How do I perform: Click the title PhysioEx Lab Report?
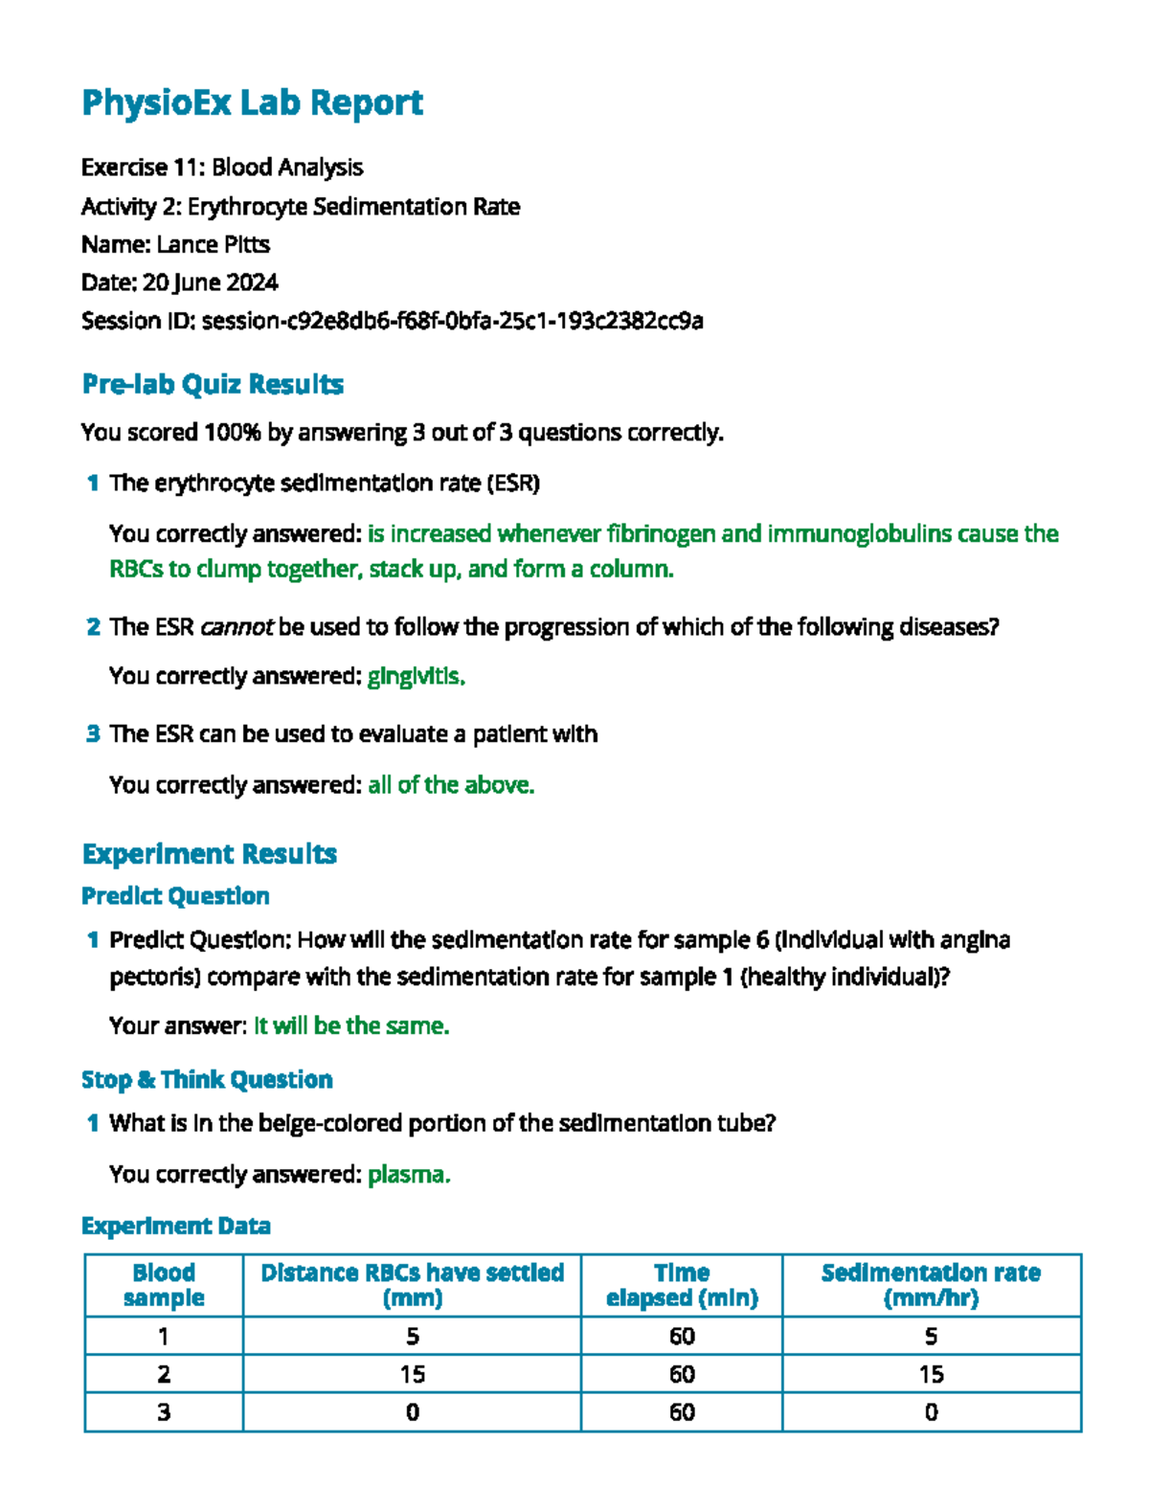pyautogui.click(x=252, y=102)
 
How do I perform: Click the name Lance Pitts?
pyautogui.click(x=213, y=245)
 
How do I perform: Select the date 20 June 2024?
pyautogui.click(x=210, y=282)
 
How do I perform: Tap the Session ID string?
pyautogui.click(x=452, y=321)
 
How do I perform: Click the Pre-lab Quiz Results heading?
pyautogui.click(x=213, y=384)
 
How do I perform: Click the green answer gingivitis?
pyautogui.click(x=416, y=677)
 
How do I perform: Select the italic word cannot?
pyautogui.click(x=237, y=627)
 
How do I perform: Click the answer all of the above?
pyautogui.click(x=450, y=785)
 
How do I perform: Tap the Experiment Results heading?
pyautogui.click(x=209, y=853)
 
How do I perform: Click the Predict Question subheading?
pyautogui.click(x=175, y=896)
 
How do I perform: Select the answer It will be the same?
pyautogui.click(x=350, y=1026)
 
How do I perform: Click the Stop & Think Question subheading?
pyautogui.click(x=207, y=1080)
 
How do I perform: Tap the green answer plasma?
pyautogui.click(x=408, y=1175)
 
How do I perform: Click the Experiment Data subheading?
pyautogui.click(x=175, y=1227)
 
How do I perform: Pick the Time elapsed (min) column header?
pyautogui.click(x=682, y=1285)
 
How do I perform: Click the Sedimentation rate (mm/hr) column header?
pyautogui.click(x=931, y=1285)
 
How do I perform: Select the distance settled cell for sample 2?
pyautogui.click(x=412, y=1375)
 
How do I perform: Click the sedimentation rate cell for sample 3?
pyautogui.click(x=931, y=1412)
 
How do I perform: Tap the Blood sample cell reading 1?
pyautogui.click(x=164, y=1337)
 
